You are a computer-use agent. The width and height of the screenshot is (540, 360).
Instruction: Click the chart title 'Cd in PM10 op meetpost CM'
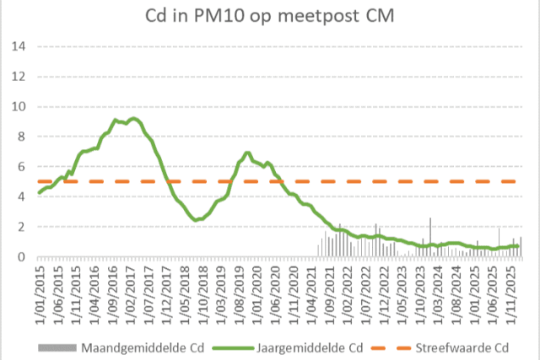point(270,18)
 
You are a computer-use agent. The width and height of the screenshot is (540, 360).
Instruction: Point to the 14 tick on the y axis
point(18,46)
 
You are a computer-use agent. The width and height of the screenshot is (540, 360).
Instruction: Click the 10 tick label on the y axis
point(18,106)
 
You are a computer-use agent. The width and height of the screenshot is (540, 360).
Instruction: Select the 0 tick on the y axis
point(21,257)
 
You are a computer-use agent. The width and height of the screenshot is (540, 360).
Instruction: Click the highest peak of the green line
point(133,118)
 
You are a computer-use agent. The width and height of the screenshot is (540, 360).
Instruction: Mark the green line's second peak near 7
point(247,153)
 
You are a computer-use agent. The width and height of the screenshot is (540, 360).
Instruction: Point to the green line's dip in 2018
point(197,220)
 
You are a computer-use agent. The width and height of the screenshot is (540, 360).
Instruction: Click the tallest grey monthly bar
point(430,218)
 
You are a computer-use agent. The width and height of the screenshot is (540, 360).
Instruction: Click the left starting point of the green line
point(39,193)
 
